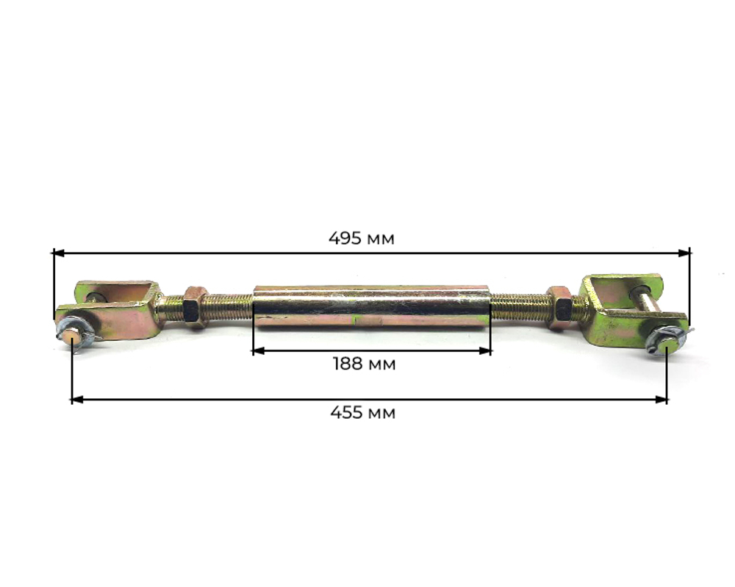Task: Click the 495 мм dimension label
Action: tap(361, 239)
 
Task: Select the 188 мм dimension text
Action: tap(364, 364)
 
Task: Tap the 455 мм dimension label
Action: tap(362, 413)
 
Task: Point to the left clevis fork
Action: tap(118, 309)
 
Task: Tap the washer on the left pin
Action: tap(73, 328)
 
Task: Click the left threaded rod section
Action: tap(228, 306)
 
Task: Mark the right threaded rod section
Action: tap(518, 306)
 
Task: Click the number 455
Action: tap(347, 413)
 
